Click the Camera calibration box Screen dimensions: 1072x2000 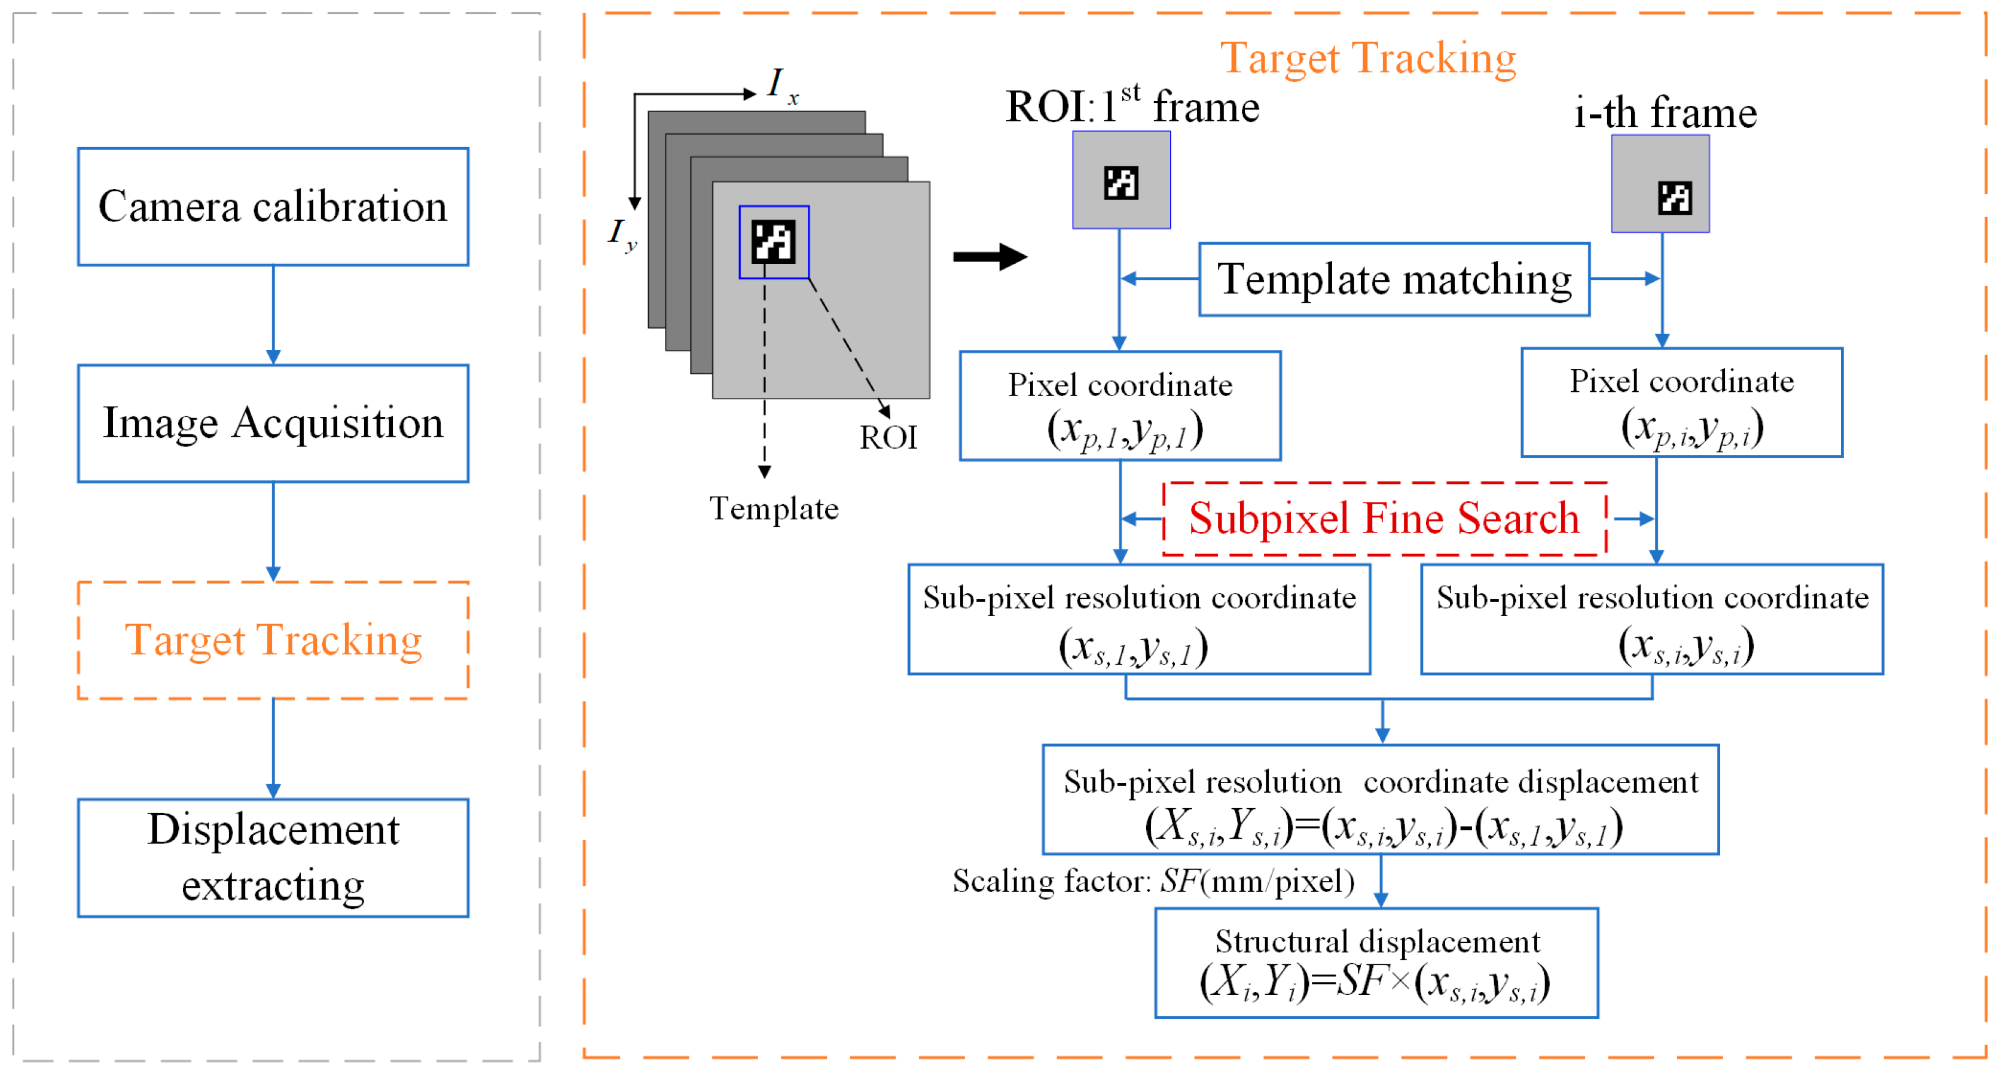[x=273, y=206]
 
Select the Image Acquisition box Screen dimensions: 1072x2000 [x=273, y=424]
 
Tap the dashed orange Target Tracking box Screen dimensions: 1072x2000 [x=273, y=640]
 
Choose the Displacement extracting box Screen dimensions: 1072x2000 [x=273, y=858]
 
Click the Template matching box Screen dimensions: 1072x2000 [x=1394, y=279]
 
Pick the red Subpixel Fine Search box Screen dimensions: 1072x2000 [x=1384, y=519]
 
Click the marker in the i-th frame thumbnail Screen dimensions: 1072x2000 [x=1674, y=197]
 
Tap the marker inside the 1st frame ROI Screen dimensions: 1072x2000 [x=1120, y=183]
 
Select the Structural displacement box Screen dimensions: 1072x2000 [x=1376, y=963]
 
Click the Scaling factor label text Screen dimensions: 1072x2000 [x=1153, y=881]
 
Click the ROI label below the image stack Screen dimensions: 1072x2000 [x=888, y=438]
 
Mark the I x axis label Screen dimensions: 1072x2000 [x=781, y=84]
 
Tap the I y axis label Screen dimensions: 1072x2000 [x=622, y=233]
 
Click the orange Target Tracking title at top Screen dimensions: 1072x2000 [x=1368, y=58]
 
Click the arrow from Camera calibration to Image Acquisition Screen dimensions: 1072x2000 [x=273, y=315]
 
